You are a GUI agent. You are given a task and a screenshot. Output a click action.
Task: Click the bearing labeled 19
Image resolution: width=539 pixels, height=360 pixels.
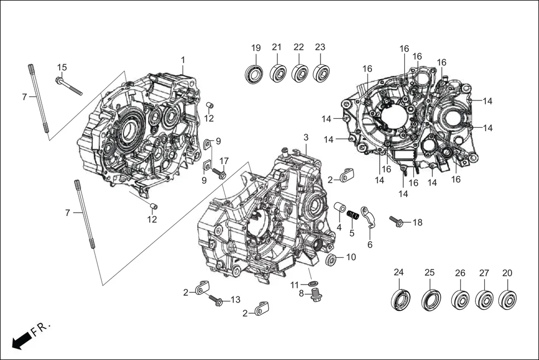click(x=255, y=74)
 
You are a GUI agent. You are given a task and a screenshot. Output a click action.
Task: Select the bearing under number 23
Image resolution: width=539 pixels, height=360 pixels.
click(x=321, y=73)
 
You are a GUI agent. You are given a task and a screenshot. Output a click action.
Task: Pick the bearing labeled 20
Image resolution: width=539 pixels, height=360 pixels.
click(x=507, y=299)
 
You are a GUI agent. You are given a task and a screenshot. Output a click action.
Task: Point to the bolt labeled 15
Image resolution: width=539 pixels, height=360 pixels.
click(x=69, y=86)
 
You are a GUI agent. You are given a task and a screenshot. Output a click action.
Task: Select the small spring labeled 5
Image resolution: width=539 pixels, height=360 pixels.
click(x=352, y=214)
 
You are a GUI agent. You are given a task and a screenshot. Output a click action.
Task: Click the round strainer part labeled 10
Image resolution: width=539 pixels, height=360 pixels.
click(x=332, y=258)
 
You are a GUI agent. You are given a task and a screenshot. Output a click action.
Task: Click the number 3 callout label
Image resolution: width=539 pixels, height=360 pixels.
click(x=306, y=137)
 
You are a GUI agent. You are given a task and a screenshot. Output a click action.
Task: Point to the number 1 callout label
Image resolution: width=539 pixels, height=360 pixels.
click(x=183, y=60)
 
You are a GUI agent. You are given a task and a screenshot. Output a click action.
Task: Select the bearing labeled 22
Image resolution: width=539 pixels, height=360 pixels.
click(x=299, y=73)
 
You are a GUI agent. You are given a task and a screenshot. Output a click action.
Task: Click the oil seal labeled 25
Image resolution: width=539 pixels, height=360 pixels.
click(x=430, y=299)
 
